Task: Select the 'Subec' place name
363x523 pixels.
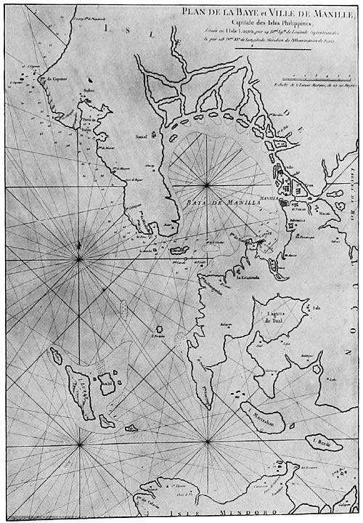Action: (x=89, y=92)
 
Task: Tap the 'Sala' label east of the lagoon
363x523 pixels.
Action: (x=317, y=307)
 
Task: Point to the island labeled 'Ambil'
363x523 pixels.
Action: (x=107, y=383)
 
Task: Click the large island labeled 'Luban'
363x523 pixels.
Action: (x=80, y=392)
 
